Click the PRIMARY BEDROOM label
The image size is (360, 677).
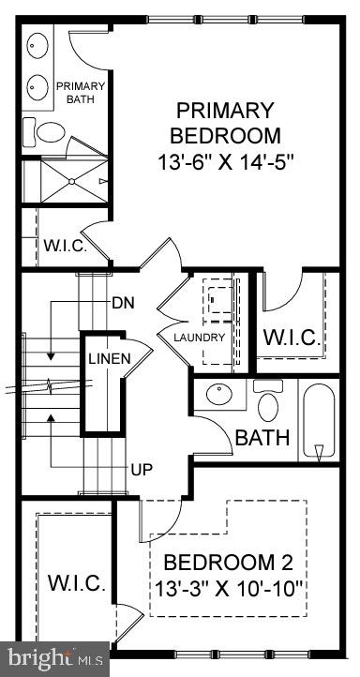pos(226,122)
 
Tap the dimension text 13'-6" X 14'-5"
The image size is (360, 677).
pos(226,161)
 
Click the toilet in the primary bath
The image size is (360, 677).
pos(48,131)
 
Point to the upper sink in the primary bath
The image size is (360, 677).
pos(38,46)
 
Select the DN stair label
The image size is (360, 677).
pos(122,302)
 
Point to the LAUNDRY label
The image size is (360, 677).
pos(199,337)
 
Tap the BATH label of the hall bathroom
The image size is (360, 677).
pos(262,437)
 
